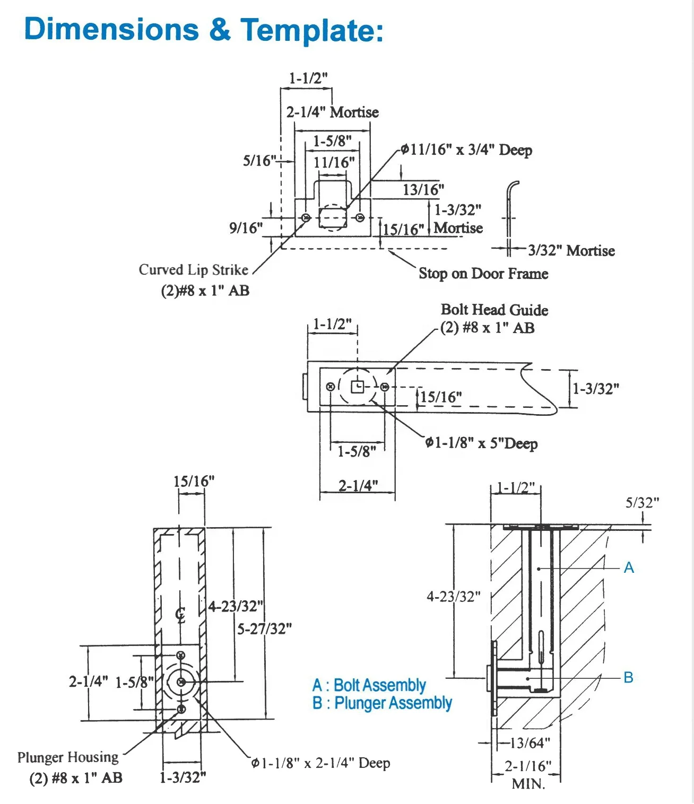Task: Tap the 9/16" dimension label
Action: click(x=246, y=228)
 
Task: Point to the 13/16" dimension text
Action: click(x=423, y=190)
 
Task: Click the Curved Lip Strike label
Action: click(x=194, y=269)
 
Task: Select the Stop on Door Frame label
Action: click(x=483, y=274)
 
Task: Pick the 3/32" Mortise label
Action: click(x=571, y=250)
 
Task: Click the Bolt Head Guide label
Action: click(x=495, y=310)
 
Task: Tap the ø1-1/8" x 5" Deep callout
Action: click(x=481, y=443)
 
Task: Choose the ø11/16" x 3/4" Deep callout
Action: click(x=467, y=150)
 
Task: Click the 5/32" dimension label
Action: click(x=642, y=503)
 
